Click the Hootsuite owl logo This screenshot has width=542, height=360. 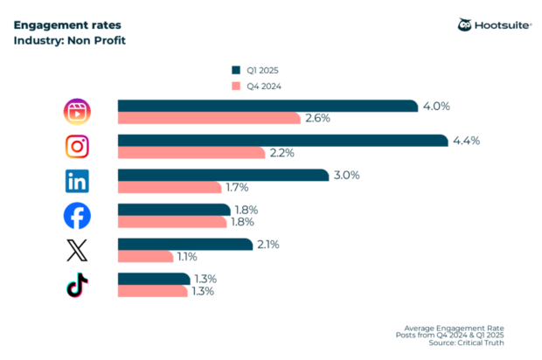coord(465,24)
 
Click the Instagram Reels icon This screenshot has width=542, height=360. coord(78,112)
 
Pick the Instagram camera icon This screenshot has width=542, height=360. coord(78,147)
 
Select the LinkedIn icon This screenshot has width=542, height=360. coord(78,181)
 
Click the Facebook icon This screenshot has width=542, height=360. coord(78,215)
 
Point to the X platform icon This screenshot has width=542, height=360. coord(78,251)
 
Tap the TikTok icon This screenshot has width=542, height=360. coord(78,285)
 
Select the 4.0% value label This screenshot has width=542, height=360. coord(435,106)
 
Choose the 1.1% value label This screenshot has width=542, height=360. coord(188,257)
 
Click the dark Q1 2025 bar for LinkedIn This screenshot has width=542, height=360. coord(222,175)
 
